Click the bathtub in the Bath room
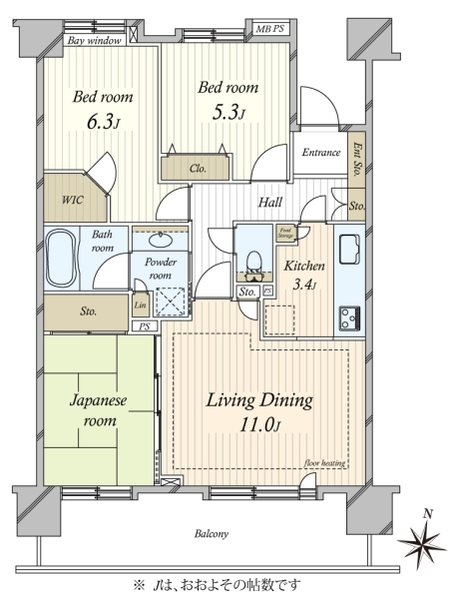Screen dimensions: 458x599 pyautogui.click(x=61, y=258)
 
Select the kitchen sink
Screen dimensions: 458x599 pyautogui.click(x=349, y=250)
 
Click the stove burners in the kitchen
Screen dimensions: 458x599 pyautogui.click(x=349, y=317)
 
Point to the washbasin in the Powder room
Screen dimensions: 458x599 pyautogui.click(x=160, y=241)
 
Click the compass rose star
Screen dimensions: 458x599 pyautogui.click(x=421, y=541)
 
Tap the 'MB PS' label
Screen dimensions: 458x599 pyautogui.click(x=269, y=28)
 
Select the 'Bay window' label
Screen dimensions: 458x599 pyautogui.click(x=94, y=41)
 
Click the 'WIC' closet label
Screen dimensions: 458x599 pyautogui.click(x=73, y=200)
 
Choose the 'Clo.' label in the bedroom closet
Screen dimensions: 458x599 pyautogui.click(x=198, y=168)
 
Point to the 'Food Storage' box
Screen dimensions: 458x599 pyautogui.click(x=285, y=233)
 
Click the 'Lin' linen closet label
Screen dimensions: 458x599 pyautogui.click(x=140, y=305)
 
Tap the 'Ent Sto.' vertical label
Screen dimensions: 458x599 pyautogui.click(x=357, y=159)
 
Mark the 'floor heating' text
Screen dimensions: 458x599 pyautogui.click(x=324, y=463)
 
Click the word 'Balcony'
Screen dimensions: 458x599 pyautogui.click(x=212, y=534)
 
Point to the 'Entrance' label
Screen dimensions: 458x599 pyautogui.click(x=321, y=153)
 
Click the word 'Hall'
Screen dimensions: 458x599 pyautogui.click(x=270, y=202)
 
